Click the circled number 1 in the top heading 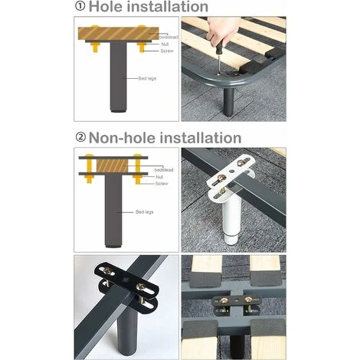80,7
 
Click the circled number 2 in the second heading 80,138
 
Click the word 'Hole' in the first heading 110,7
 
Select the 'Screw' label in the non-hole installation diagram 162,184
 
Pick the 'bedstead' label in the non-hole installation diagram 163,169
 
